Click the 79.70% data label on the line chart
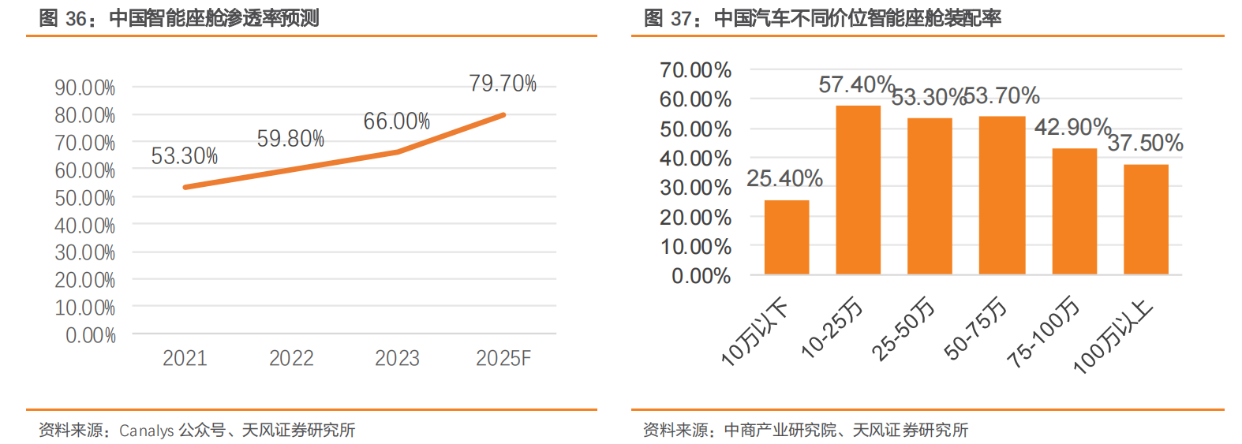[503, 84]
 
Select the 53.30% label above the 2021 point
[184, 156]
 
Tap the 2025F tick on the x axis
[503, 359]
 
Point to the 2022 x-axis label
[291, 359]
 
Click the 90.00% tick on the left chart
[84, 88]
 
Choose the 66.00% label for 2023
[396, 121]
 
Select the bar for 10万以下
[787, 237]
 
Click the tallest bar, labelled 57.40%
[858, 189]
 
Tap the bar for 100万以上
[1146, 219]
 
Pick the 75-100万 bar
[1074, 211]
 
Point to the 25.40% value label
[784, 179]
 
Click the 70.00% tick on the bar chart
[695, 70]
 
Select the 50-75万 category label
[976, 328]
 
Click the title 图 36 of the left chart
[178, 18]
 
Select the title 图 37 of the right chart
[822, 18]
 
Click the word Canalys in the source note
[147, 431]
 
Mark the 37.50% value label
[1145, 144]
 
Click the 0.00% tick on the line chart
[90, 336]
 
